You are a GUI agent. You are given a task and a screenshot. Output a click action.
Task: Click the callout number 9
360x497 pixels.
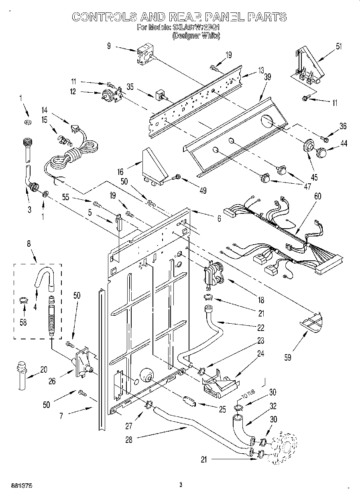[109, 46]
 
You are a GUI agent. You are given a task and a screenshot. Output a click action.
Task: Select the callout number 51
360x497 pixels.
[339, 46]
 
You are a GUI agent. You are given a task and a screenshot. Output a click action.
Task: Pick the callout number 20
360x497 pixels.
[44, 369]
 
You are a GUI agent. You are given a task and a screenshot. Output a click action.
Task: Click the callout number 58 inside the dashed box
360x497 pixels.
[24, 322]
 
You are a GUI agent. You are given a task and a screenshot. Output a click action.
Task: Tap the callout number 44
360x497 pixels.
[344, 143]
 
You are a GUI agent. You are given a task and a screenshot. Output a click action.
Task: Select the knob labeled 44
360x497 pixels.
[322, 152]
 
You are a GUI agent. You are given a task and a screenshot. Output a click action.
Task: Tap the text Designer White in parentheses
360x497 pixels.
[196, 36]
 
